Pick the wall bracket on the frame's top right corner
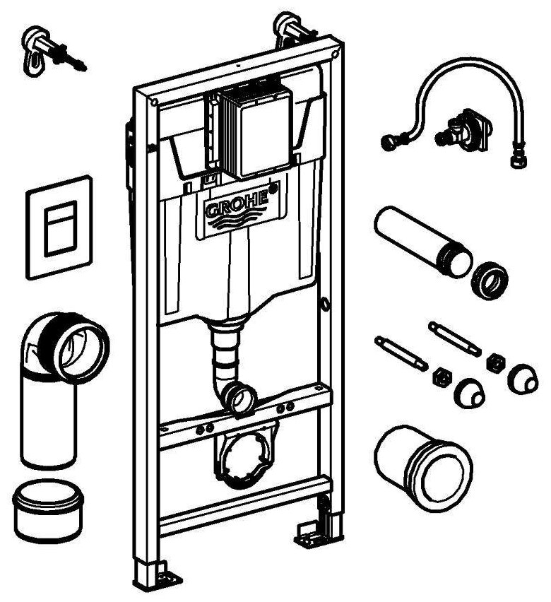292,28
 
